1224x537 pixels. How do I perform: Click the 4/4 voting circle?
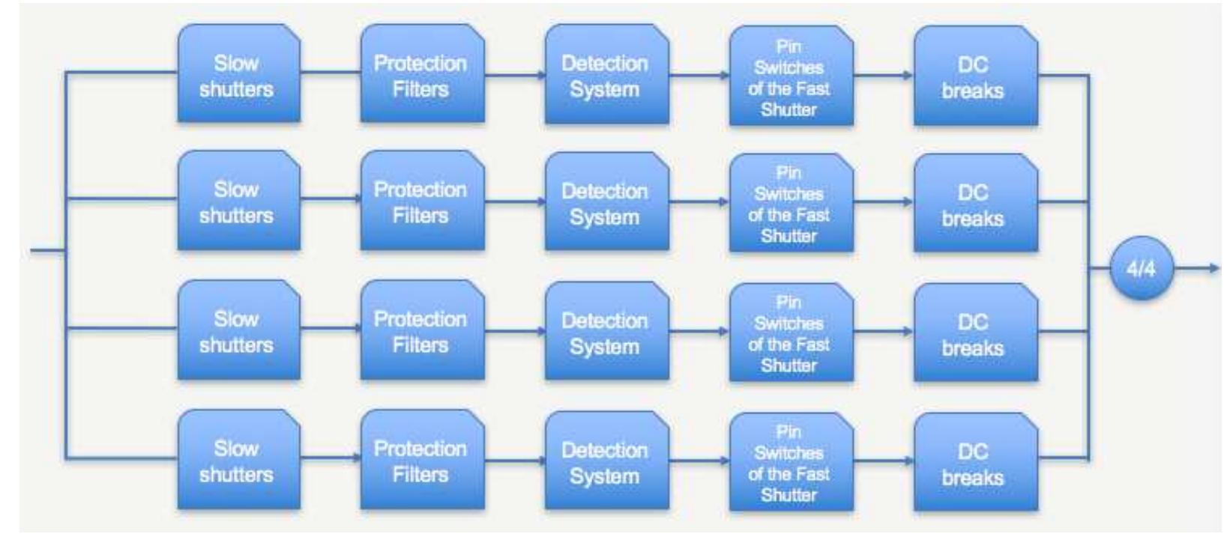point(1141,268)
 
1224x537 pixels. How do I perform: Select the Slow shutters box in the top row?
point(238,75)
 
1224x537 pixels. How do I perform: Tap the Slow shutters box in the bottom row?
point(238,461)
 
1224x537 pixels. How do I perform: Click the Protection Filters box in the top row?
point(422,75)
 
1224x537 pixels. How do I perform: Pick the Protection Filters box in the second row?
point(422,201)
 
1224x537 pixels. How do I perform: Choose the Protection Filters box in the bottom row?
point(422,461)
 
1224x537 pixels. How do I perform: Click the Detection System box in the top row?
point(606,75)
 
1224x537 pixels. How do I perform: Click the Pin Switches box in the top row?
point(791,76)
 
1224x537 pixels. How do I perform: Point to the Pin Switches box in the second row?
point(791,203)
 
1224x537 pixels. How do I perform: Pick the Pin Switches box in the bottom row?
point(791,462)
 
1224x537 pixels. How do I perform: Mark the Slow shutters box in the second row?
point(238,201)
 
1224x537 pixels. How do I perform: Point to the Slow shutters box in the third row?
point(238,331)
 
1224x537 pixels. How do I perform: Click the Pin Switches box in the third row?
point(791,333)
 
